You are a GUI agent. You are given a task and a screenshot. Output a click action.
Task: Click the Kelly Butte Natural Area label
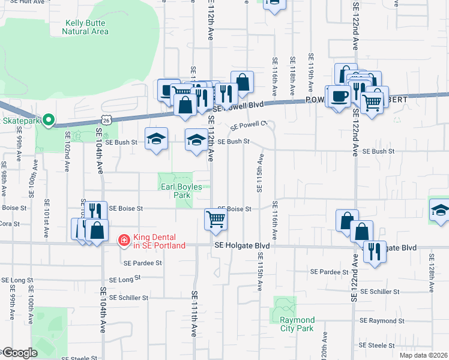86,28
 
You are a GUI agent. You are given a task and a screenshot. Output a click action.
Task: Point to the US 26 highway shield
106,121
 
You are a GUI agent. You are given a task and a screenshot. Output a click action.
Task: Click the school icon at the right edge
441,210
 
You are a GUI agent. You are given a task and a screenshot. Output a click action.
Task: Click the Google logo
19,353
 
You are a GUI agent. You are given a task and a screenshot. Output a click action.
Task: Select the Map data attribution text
423,355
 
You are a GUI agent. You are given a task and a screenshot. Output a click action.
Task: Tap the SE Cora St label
12,224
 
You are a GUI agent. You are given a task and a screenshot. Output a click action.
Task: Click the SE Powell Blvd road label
239,106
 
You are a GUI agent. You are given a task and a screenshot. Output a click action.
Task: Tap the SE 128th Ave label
431,264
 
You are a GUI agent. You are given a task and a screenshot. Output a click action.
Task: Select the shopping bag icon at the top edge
274,3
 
